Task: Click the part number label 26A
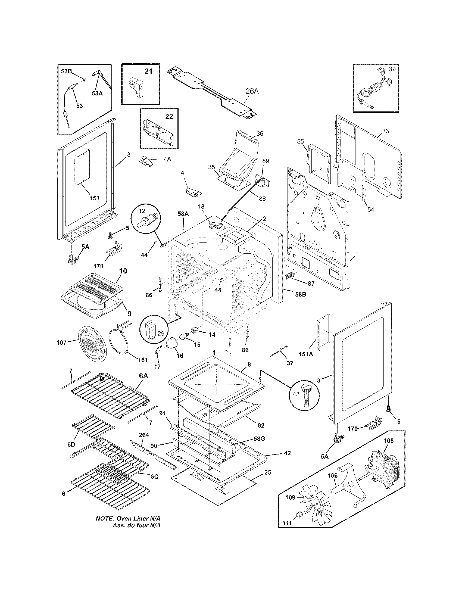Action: coord(252,91)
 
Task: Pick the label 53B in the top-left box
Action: coord(66,71)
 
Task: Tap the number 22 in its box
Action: coord(169,116)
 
